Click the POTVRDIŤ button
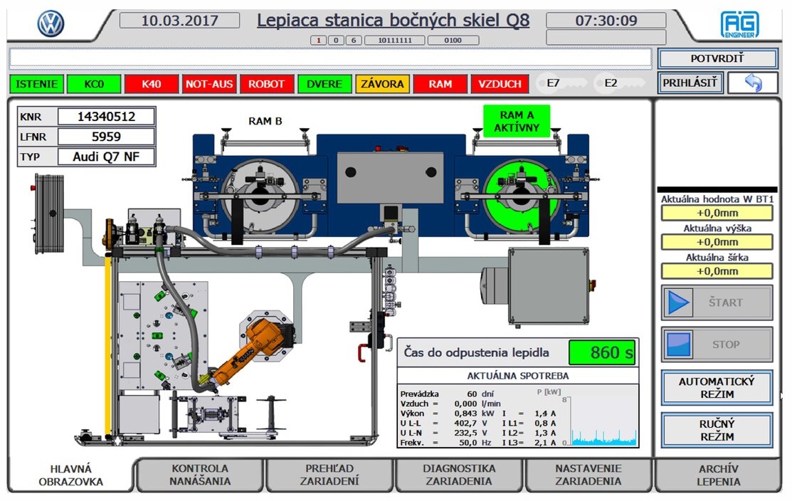[x=716, y=58]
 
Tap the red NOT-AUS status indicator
[x=209, y=84]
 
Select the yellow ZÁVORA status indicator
[x=382, y=84]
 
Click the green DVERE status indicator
[x=324, y=84]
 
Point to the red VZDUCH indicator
[x=500, y=84]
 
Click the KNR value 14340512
[x=106, y=117]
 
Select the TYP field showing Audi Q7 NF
[x=106, y=157]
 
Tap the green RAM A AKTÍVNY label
[x=517, y=121]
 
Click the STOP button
[x=717, y=344]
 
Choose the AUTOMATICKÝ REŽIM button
[x=717, y=388]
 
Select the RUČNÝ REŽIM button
[x=717, y=431]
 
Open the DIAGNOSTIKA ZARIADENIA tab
[x=459, y=475]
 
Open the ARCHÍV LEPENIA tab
[x=719, y=475]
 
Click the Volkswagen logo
[x=51, y=24]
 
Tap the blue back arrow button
[x=753, y=83]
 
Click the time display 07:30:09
[x=606, y=21]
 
